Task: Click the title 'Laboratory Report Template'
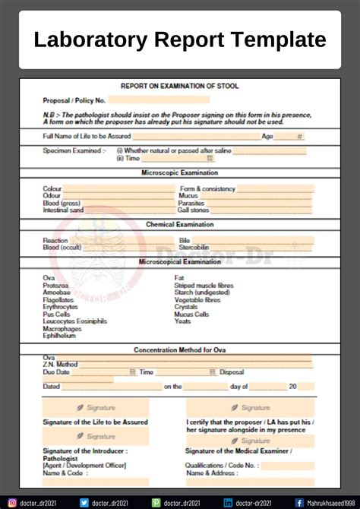tap(180, 39)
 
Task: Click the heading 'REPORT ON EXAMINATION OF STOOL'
tap(180, 86)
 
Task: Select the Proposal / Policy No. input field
tap(159, 100)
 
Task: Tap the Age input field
tap(289, 137)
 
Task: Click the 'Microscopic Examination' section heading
tap(180, 173)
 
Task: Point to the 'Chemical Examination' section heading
tap(180, 225)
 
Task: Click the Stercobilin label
tap(194, 248)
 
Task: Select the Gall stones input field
tap(262, 210)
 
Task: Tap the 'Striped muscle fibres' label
tap(204, 285)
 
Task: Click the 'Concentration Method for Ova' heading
tap(180, 350)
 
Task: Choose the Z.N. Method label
tap(61, 365)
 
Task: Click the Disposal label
tap(232, 372)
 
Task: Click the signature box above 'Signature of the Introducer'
tap(96, 437)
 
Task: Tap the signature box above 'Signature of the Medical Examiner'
tap(250, 441)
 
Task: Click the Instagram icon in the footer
tap(11, 502)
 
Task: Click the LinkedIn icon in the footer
tap(228, 502)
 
